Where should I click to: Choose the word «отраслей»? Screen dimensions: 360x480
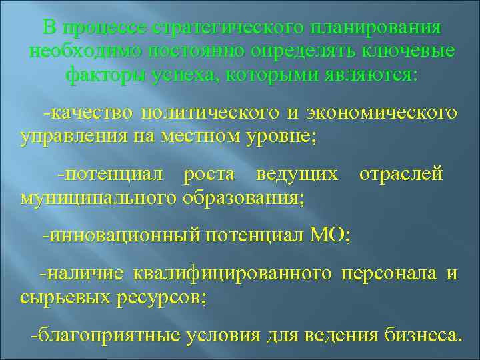pyautogui.click(x=401, y=174)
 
